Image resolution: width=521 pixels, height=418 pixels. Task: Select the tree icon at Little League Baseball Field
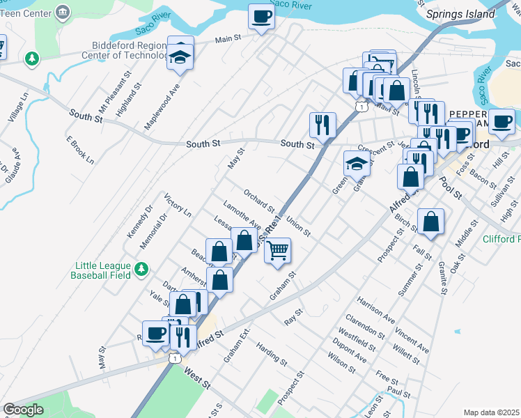141,268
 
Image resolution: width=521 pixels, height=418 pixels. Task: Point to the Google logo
23,410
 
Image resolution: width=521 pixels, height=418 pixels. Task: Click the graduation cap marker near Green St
356,164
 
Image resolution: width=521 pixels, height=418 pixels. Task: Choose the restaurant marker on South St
322,125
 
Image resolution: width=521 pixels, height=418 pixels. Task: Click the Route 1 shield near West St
174,357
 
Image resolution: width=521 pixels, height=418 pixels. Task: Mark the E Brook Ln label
79,148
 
